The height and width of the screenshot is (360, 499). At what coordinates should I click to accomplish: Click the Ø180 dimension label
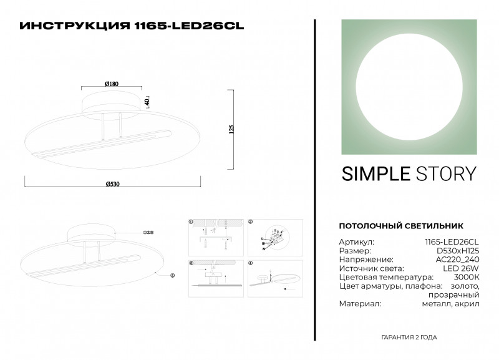pos(112,84)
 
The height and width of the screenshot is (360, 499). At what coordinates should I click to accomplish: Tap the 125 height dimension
pos(231,130)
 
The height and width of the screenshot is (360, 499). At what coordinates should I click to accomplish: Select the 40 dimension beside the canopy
pos(147,102)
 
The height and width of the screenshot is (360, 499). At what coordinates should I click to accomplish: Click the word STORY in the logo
pos(445,173)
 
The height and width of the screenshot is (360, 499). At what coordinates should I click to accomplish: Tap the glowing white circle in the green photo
pos(409,86)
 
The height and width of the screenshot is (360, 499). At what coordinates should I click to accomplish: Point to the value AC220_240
pos(458,259)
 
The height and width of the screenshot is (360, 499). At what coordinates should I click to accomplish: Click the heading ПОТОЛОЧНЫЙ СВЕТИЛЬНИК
pos(401,225)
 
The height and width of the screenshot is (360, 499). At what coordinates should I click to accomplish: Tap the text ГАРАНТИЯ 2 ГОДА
pos(409,337)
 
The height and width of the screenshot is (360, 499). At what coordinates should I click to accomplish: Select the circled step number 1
pos(192,221)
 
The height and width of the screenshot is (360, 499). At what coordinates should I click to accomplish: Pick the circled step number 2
pos(250,221)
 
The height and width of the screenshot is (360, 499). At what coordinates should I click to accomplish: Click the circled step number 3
pos(192,263)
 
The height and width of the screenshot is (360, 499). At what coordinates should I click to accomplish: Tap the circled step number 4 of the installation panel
pos(250,263)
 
